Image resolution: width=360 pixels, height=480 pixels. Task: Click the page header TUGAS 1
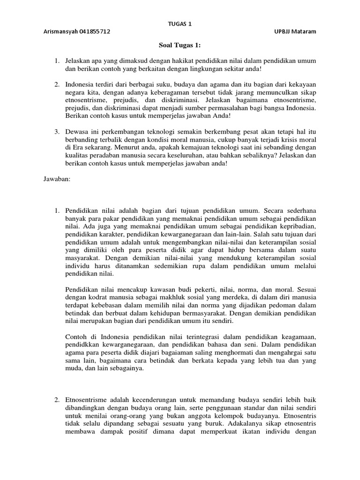coord(180,23)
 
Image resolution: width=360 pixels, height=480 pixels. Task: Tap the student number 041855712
coord(96,31)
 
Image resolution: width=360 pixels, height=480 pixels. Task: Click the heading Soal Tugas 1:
coord(180,45)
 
